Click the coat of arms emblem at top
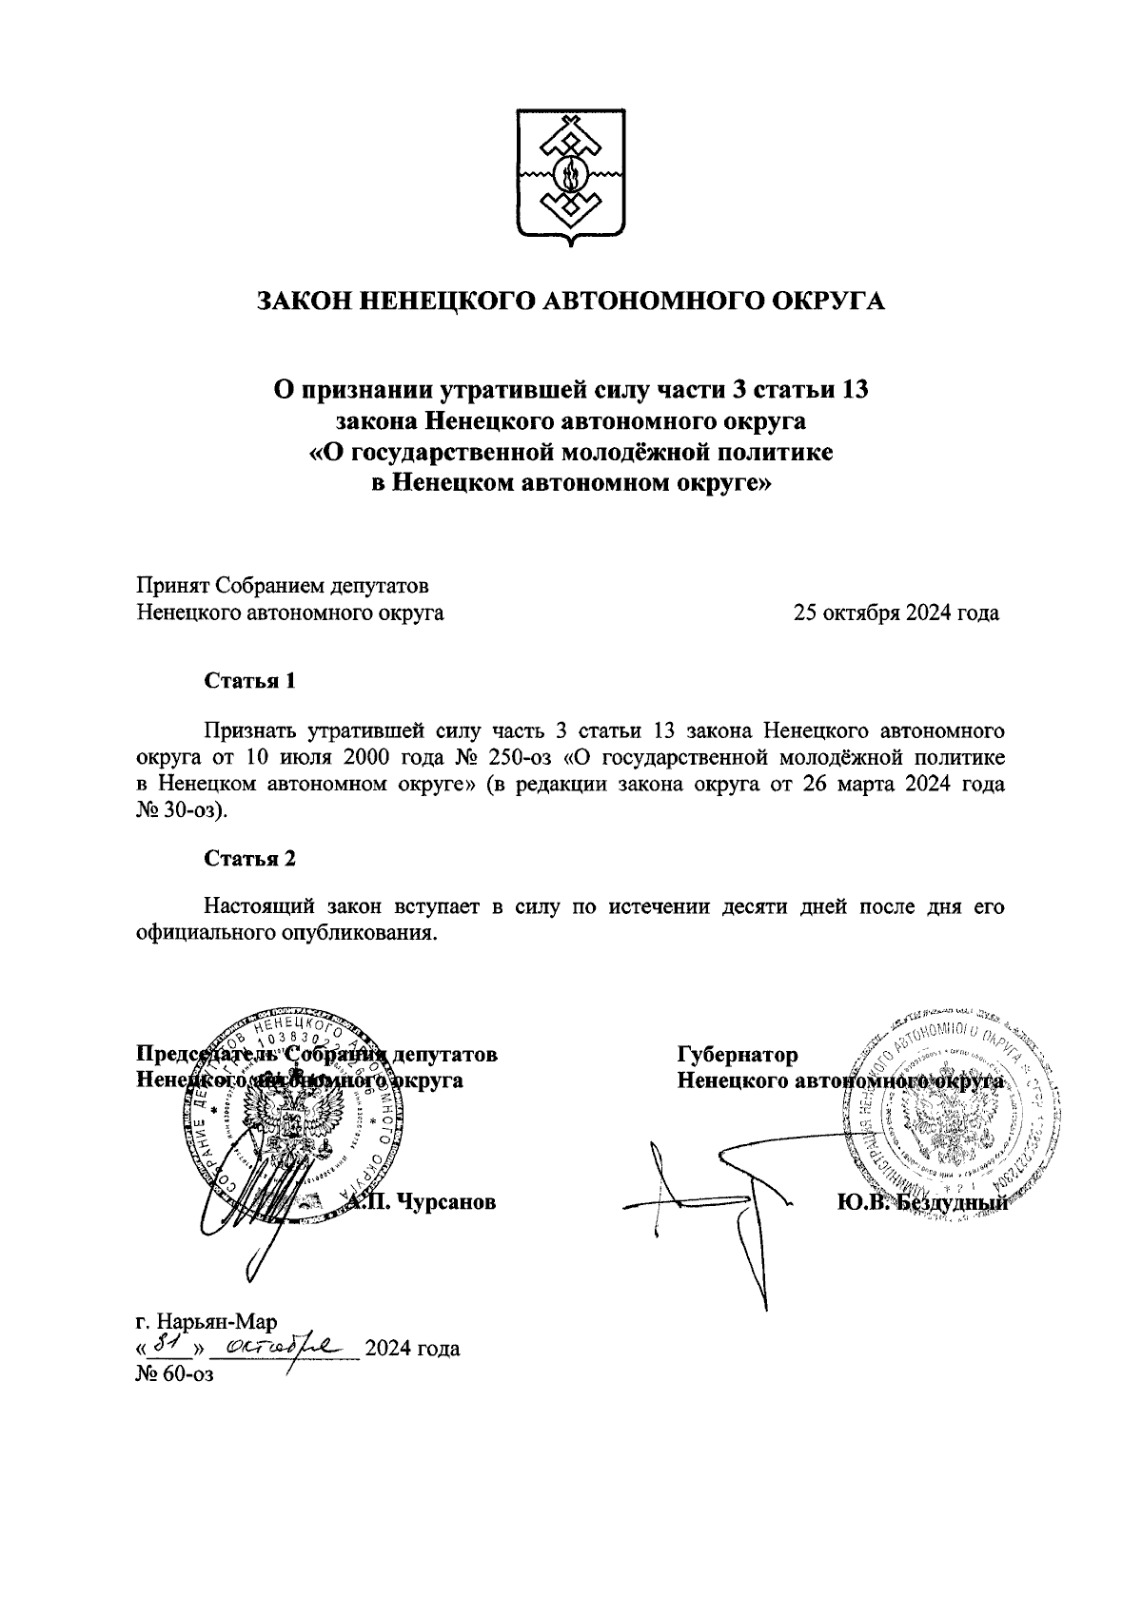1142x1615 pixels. click(571, 178)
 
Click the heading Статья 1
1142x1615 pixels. click(250, 681)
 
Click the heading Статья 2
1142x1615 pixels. click(250, 859)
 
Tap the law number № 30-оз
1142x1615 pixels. click(180, 811)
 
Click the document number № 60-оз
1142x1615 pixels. click(173, 1375)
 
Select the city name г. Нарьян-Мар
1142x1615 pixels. click(206, 1323)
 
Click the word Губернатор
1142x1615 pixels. click(738, 1055)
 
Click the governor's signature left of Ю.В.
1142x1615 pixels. click(723, 1198)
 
